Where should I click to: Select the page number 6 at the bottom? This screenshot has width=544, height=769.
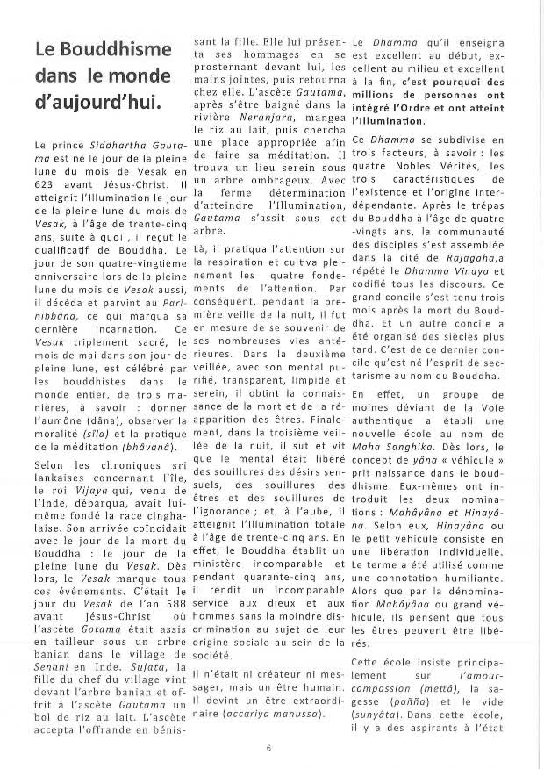click(x=268, y=748)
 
